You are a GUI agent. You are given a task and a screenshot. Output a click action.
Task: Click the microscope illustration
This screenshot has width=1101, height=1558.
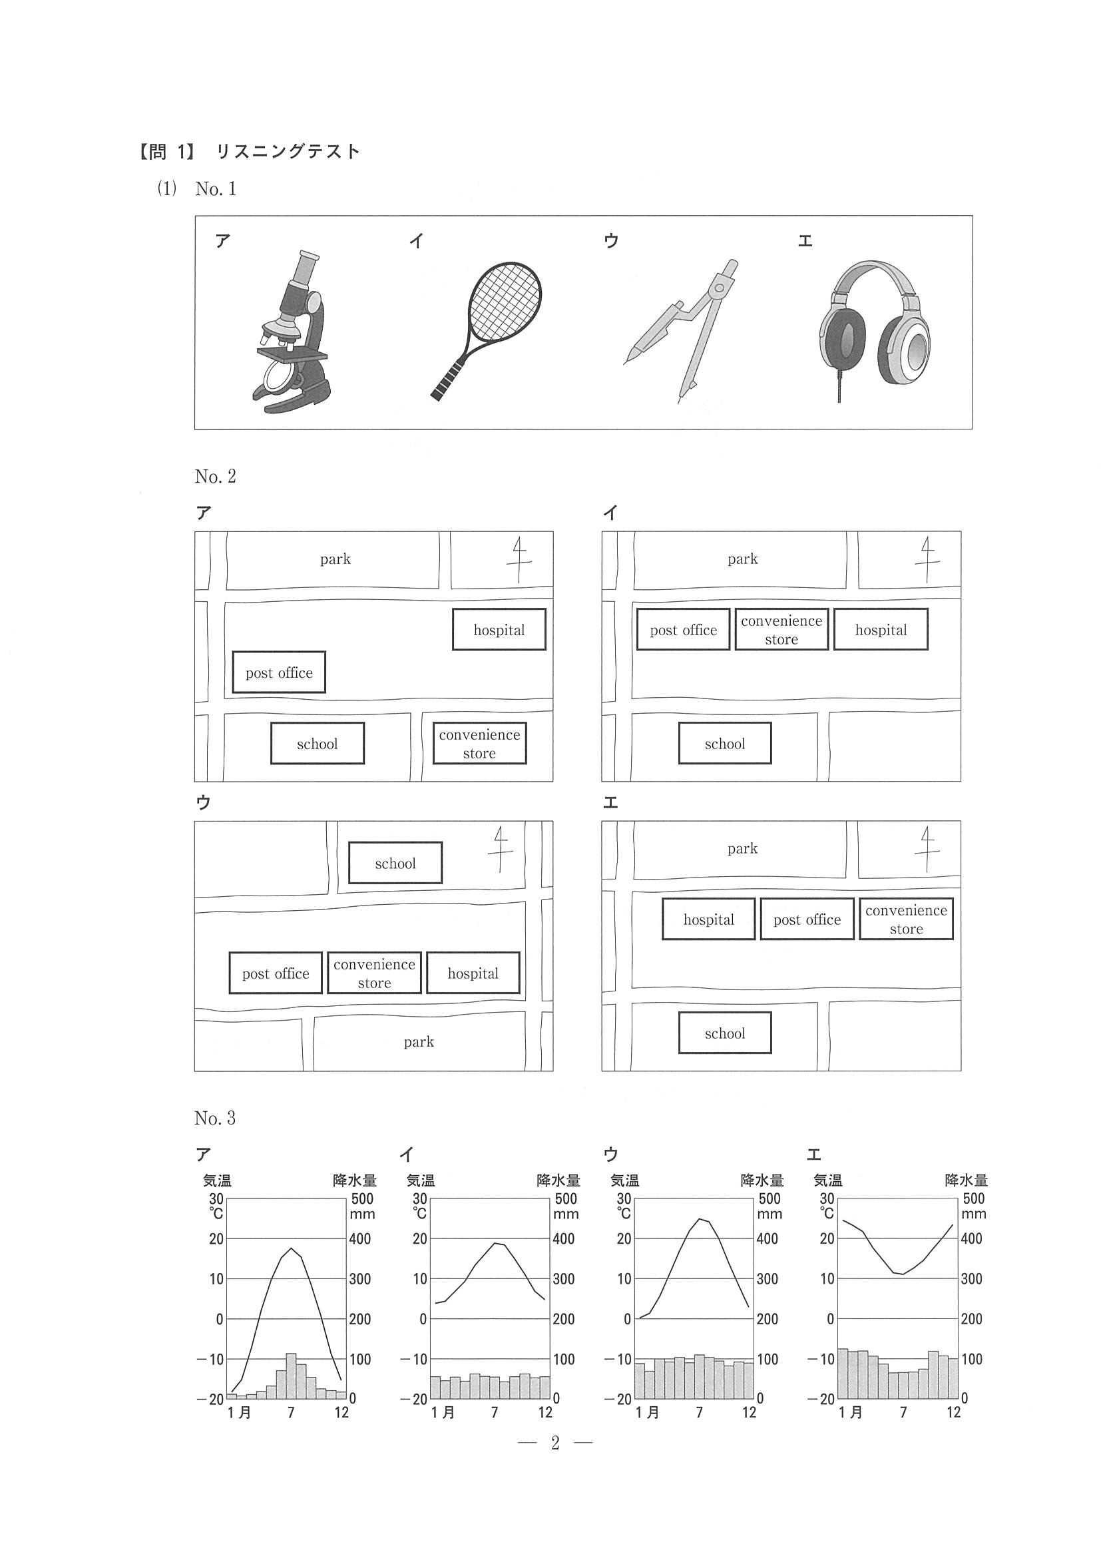(292, 332)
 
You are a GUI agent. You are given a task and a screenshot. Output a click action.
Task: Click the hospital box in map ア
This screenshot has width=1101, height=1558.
(499, 630)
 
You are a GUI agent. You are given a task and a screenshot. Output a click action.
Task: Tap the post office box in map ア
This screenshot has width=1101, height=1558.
(279, 672)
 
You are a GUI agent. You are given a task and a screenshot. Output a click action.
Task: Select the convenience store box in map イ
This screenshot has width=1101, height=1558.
(781, 630)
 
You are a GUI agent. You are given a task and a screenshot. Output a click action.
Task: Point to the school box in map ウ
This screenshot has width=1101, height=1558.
(395, 863)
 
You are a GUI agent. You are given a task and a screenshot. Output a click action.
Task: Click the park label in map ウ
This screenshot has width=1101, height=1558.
(419, 1042)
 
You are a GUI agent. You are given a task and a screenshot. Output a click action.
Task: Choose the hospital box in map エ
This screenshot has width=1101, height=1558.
(708, 919)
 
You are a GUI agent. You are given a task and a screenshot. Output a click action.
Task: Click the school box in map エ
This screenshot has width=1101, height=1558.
(724, 1033)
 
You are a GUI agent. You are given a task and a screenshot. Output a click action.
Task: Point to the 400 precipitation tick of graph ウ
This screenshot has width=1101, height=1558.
(768, 1239)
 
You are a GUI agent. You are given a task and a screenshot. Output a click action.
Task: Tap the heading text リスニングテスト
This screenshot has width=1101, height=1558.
(288, 151)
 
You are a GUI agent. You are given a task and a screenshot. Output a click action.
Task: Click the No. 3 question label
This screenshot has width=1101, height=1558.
(214, 1119)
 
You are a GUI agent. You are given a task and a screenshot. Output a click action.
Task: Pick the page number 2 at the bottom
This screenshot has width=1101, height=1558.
(555, 1443)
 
